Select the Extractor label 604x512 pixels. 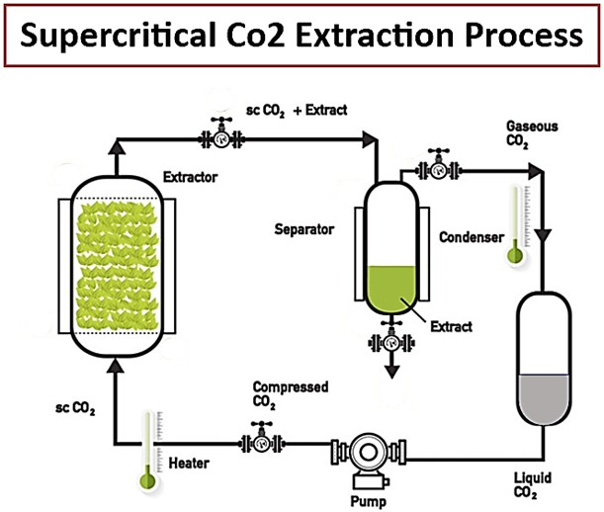point(188,179)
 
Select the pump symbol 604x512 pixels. point(365,455)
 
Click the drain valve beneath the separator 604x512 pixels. point(392,339)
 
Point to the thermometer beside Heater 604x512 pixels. point(148,451)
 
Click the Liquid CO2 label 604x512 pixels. point(530,486)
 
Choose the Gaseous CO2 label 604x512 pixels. point(532,132)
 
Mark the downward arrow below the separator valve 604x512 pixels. point(392,369)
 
